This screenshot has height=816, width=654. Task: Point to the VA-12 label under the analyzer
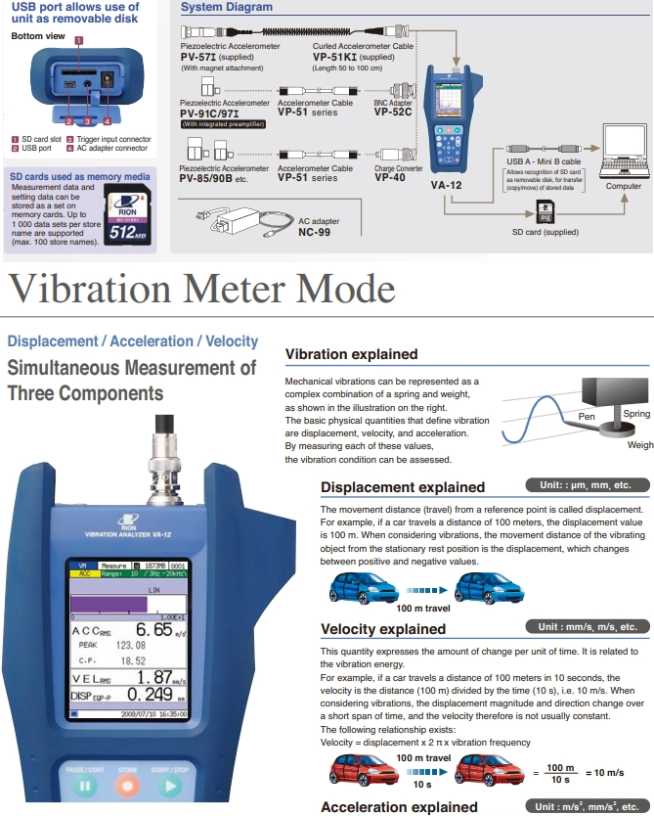pos(447,183)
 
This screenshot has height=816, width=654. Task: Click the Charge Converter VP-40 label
pos(391,177)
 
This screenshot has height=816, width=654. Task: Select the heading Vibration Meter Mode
pos(201,289)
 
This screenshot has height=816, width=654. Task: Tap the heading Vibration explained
pos(351,354)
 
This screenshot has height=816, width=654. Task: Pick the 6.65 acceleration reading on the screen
pos(153,630)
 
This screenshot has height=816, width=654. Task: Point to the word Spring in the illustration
pos(635,415)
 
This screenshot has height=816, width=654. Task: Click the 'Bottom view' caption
pos(37,36)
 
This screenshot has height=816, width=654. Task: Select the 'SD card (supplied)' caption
pos(546,233)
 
